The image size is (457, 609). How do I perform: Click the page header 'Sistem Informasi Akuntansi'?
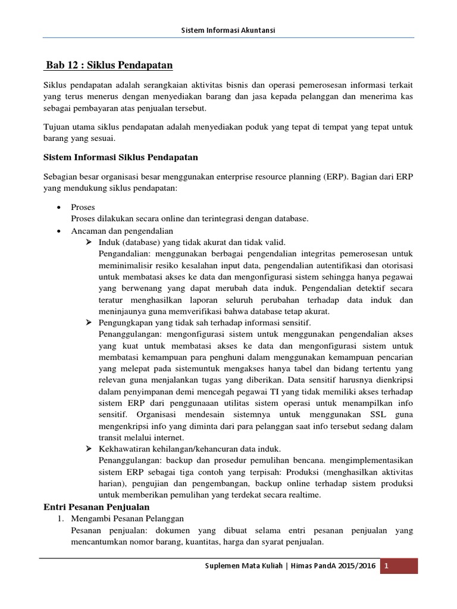coord(228,30)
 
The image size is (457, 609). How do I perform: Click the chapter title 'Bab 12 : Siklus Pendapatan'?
coord(109,64)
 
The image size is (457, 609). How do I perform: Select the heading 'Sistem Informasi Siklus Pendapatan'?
coord(121,157)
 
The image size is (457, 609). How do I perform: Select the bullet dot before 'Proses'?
coord(58,208)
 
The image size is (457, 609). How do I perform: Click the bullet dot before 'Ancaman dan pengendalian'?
coord(58,231)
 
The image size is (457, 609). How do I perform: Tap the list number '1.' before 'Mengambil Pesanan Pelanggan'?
coord(61,519)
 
